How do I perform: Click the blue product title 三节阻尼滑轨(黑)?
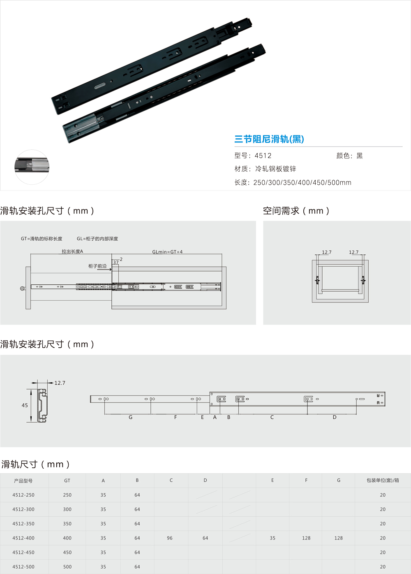[269, 139]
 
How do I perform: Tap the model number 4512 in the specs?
[263, 156]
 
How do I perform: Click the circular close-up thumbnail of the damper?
[32, 167]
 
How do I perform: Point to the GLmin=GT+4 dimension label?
[167, 252]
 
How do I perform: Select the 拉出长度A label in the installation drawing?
[72, 251]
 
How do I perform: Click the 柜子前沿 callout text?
[97, 266]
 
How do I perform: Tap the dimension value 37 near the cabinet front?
[116, 263]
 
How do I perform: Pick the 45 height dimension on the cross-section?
[25, 405]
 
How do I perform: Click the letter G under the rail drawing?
[131, 417]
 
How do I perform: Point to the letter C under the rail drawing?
[272, 417]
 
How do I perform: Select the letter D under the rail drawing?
[335, 417]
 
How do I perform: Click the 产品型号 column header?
[23, 481]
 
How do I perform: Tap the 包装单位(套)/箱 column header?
[383, 480]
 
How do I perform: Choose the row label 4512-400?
[23, 538]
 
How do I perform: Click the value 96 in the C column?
[170, 538]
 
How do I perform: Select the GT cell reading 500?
[67, 567]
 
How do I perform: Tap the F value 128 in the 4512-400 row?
[306, 538]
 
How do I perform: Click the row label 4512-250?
[23, 495]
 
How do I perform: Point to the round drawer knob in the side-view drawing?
[23, 288]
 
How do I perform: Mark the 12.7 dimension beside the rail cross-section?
[60, 383]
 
